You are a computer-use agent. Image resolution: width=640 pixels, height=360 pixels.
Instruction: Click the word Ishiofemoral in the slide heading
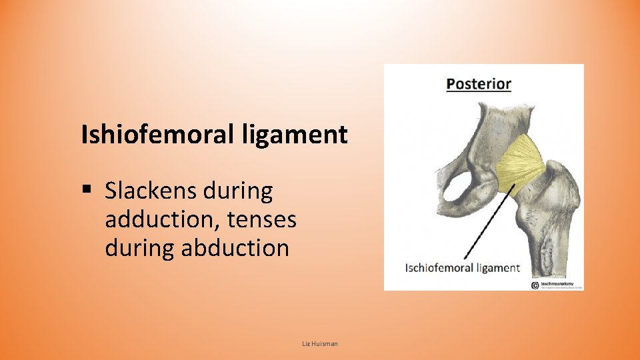(155, 135)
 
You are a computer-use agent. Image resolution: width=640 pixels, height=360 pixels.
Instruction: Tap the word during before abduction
(140, 248)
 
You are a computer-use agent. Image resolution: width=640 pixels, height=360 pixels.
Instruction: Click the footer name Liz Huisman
(320, 343)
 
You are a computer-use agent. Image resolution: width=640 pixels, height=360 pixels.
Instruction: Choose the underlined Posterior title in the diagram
(479, 84)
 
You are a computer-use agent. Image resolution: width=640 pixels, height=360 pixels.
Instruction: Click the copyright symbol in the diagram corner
(535, 285)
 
